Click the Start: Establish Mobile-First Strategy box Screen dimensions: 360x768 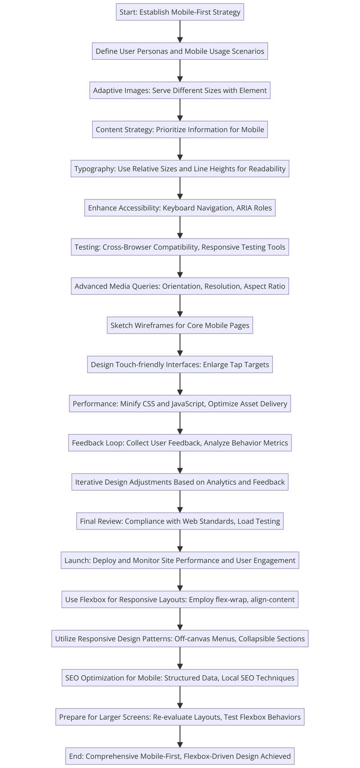180,12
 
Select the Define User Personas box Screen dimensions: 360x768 180,51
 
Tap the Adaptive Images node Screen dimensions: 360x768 180,90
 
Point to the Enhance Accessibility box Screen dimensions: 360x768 180,208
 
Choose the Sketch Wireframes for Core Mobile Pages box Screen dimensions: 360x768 180,325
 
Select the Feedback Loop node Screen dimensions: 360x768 180,443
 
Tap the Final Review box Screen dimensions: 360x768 180,521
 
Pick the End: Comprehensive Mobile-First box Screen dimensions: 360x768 180,756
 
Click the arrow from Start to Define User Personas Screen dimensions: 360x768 180,32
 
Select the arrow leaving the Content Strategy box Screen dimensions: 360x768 180,149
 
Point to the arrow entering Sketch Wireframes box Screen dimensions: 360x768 180,306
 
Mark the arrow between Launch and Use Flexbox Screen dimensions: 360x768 180,580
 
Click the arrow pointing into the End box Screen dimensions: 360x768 180,736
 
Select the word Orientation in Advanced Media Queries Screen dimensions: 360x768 182,286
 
